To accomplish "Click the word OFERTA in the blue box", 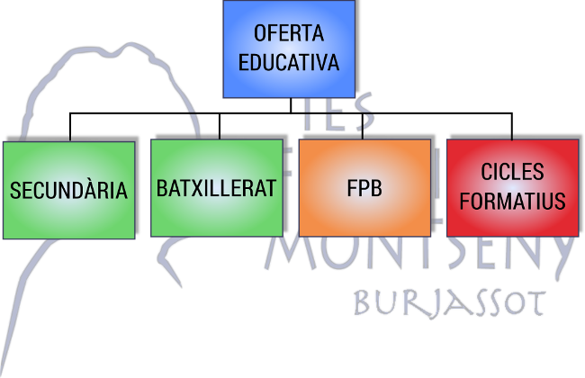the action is (x=289, y=32).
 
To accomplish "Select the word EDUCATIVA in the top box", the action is (x=289, y=62).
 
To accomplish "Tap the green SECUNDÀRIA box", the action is (x=69, y=190).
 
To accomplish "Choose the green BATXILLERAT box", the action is (x=217, y=188).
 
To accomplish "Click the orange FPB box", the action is (x=364, y=188).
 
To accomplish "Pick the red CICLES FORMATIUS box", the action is (x=513, y=188).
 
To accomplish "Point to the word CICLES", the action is (x=512, y=172).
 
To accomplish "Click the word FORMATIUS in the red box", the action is (x=513, y=201).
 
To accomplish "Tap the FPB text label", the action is (x=364, y=188).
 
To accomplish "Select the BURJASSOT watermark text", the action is (x=449, y=304).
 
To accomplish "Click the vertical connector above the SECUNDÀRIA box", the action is (x=70, y=127).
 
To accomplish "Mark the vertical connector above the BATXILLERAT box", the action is (x=220, y=126).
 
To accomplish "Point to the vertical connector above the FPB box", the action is (x=363, y=126).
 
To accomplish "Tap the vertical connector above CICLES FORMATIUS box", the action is (x=512, y=126).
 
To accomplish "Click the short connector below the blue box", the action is (x=291, y=105).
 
